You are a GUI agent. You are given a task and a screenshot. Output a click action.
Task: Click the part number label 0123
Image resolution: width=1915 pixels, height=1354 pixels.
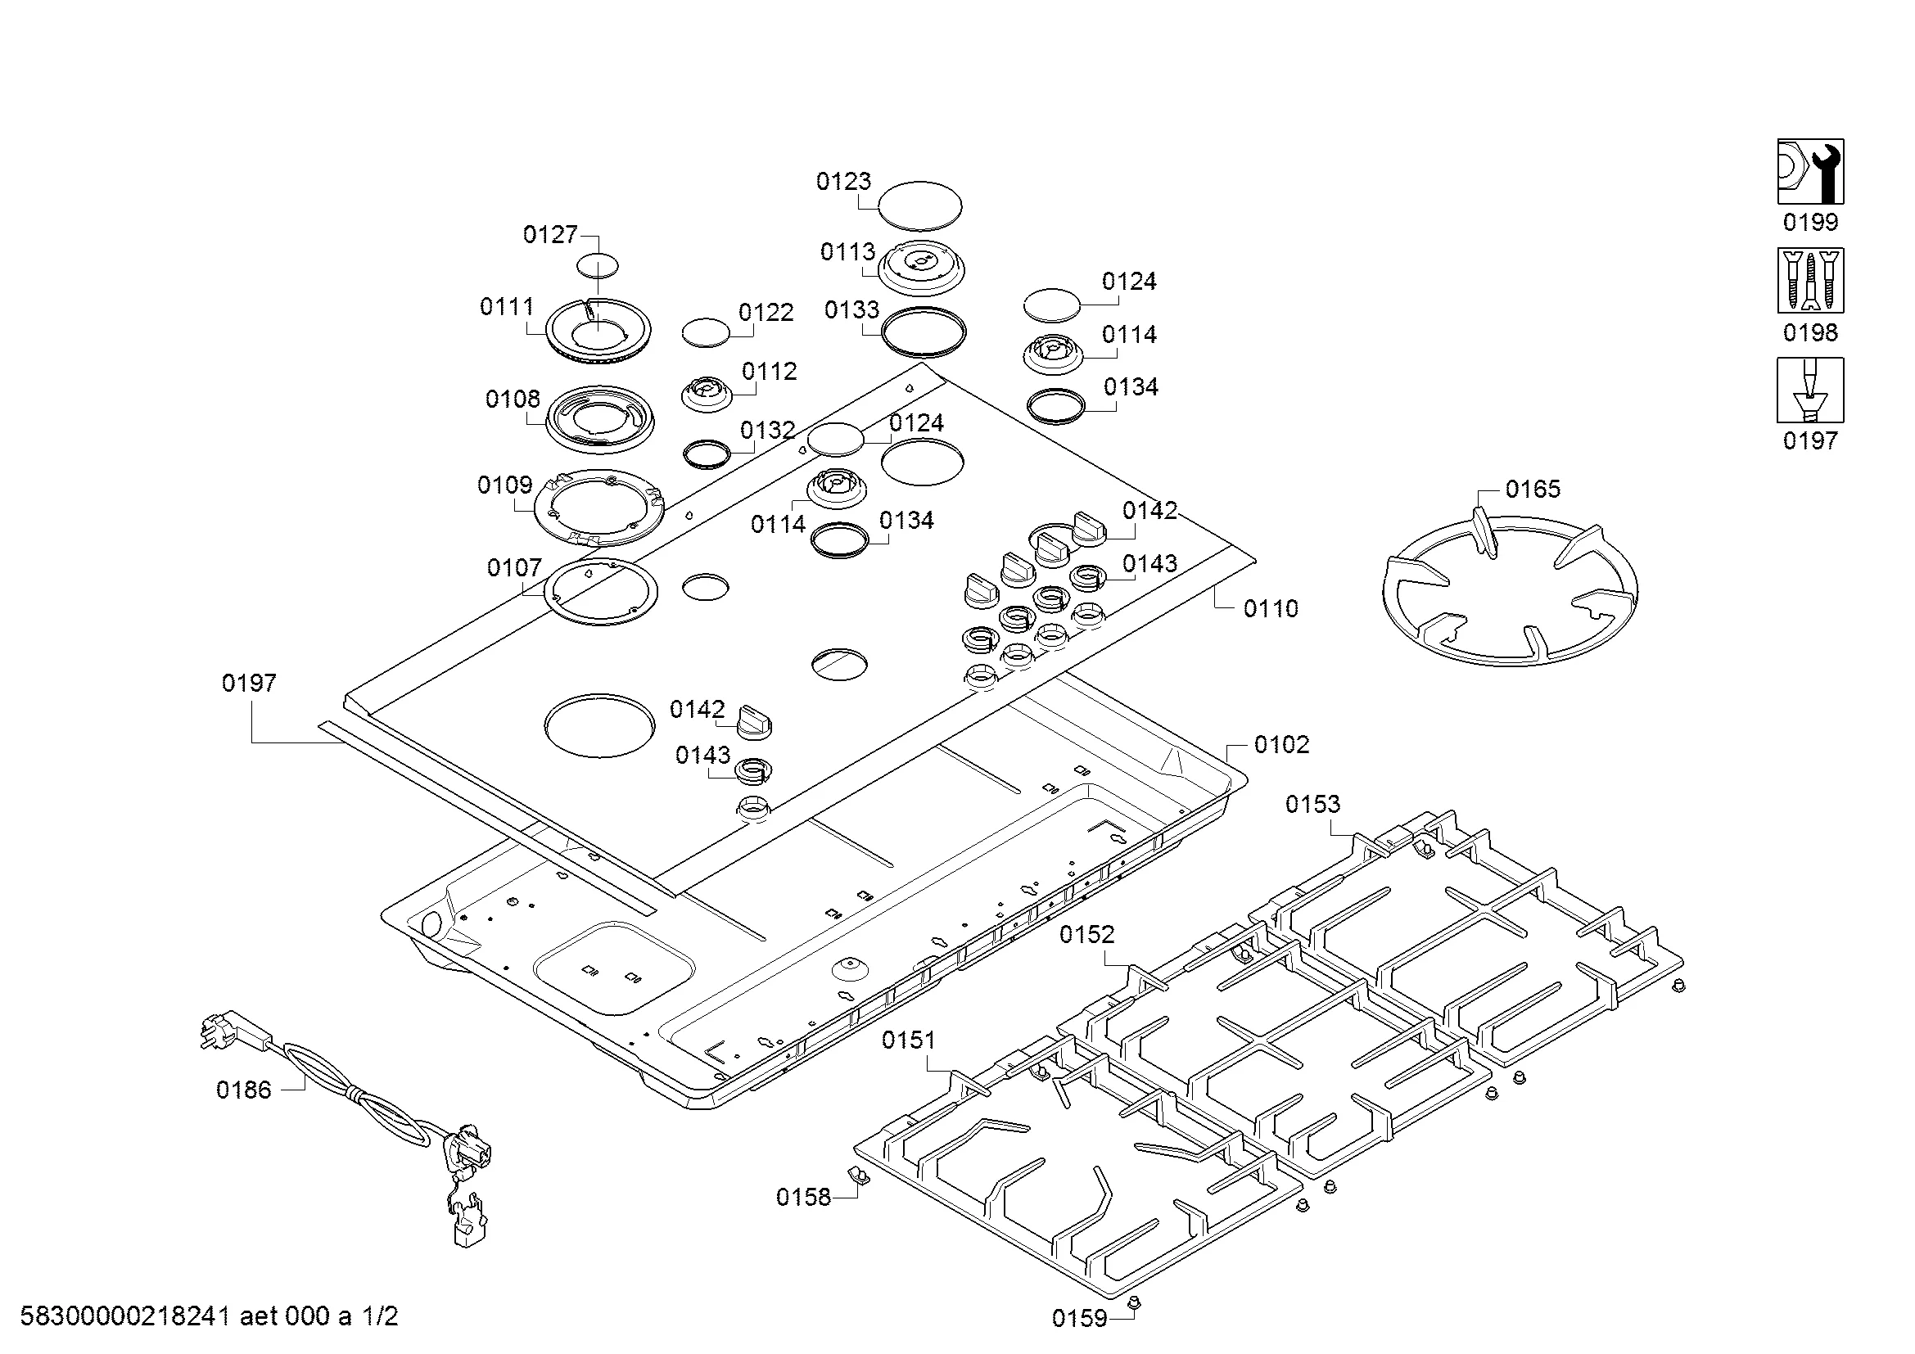tap(843, 181)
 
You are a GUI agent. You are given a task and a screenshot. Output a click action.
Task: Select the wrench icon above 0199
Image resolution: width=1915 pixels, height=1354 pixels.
tap(1810, 172)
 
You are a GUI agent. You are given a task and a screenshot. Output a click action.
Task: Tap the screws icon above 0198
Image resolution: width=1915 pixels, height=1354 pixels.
tap(1810, 280)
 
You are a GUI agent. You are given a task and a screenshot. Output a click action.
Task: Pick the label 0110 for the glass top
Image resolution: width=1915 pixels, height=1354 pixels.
tap(1271, 608)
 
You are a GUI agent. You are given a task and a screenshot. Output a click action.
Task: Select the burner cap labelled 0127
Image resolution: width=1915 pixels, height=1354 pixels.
tap(598, 266)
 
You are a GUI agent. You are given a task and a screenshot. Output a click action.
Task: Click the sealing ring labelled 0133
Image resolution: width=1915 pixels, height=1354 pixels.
tap(924, 332)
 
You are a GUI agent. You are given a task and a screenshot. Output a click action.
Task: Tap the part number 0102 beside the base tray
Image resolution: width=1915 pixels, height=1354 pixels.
tap(1281, 744)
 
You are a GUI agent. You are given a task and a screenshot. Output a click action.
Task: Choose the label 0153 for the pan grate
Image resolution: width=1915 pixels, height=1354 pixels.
tap(1312, 804)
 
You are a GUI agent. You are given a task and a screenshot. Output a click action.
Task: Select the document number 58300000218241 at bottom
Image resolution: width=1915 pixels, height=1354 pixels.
tap(125, 1316)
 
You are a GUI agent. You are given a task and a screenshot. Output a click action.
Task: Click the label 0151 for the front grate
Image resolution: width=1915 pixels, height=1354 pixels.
tap(908, 1040)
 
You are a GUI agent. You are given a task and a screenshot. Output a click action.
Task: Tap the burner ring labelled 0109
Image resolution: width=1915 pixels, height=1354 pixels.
tap(598, 508)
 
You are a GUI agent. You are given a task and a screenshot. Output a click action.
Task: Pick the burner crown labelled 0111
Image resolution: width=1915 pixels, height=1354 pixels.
tap(598, 331)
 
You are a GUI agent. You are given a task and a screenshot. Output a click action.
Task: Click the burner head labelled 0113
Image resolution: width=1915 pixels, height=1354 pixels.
tap(923, 267)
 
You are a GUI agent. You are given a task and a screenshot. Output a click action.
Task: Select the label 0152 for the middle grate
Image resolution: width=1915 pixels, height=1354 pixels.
tap(1086, 935)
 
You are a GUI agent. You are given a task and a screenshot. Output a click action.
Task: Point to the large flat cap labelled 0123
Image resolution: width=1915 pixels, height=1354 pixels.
tap(920, 205)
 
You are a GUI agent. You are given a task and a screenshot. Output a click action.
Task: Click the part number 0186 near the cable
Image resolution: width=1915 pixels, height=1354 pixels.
tap(243, 1090)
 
